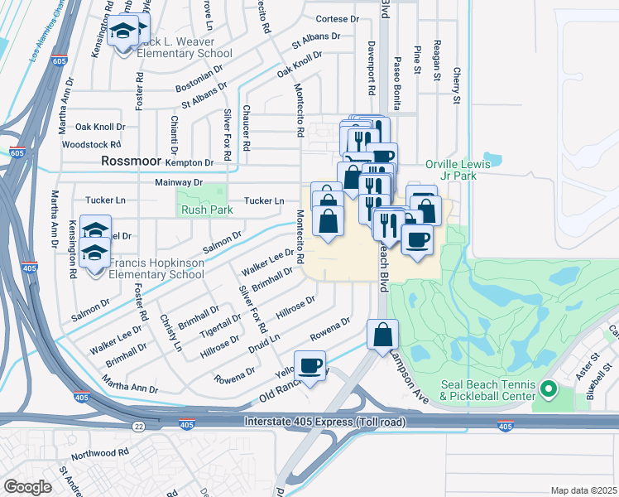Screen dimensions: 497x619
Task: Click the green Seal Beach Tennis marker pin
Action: [x=546, y=388]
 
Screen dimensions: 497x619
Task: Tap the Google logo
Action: [x=27, y=486]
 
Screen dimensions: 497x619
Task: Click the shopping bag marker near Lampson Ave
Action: [x=383, y=335]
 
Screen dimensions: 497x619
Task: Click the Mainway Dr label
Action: [x=179, y=181]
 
